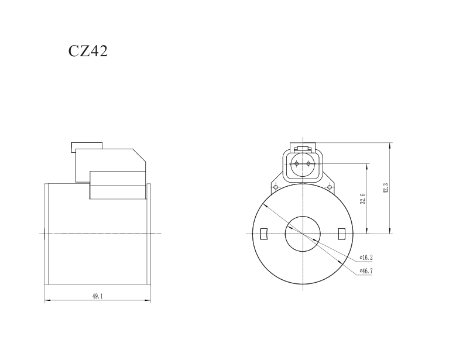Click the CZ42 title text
tap(88, 51)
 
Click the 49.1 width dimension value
tap(97, 297)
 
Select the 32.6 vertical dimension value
tap(363, 199)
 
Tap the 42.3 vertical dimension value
tap(386, 188)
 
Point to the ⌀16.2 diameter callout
tap(366, 258)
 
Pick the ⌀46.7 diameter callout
tap(366, 271)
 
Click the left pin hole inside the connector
tap(296, 163)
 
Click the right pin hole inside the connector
tap(309, 163)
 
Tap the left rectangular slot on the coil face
tap(263, 234)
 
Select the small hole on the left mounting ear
tap(275, 187)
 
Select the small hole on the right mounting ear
tap(330, 187)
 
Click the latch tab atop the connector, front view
tap(302, 148)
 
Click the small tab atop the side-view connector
tap(86, 146)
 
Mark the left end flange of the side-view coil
tap(47, 234)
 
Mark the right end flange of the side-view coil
tap(149, 234)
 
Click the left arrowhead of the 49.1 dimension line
tap(47, 301)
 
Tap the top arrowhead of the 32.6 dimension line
tap(367, 164)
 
